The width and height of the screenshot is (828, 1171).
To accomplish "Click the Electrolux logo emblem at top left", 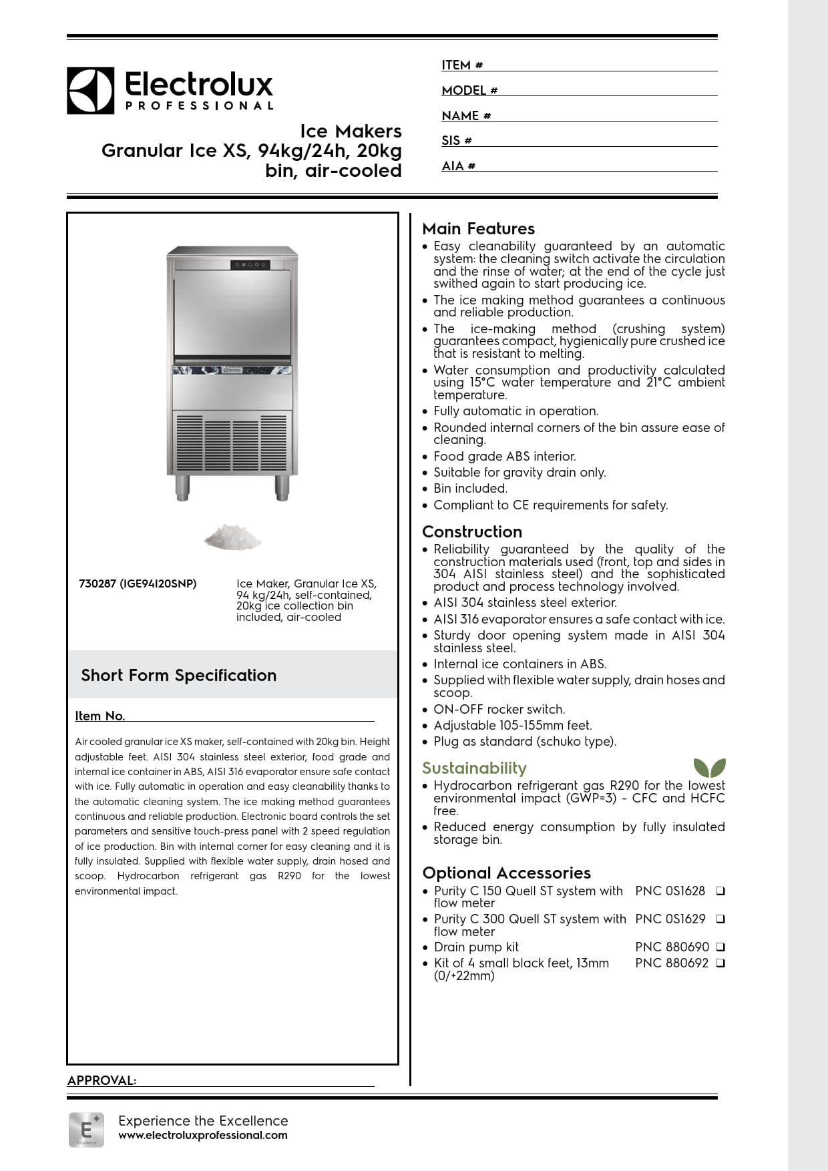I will pyautogui.click(x=90, y=90).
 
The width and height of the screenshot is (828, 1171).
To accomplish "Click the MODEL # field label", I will pyautogui.click(x=469, y=91).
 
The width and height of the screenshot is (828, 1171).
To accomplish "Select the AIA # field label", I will pyautogui.click(x=458, y=166).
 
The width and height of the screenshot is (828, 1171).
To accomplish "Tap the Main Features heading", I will pyautogui.click(x=478, y=229).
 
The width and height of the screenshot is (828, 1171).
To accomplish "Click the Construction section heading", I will pyautogui.click(x=472, y=532).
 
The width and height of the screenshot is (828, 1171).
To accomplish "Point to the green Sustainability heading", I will pyautogui.click(x=474, y=768).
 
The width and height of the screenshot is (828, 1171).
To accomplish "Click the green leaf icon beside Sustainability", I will pyautogui.click(x=709, y=768).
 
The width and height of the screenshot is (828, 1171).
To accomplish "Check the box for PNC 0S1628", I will pyautogui.click(x=720, y=891).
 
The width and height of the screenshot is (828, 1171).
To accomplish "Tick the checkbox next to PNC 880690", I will pyautogui.click(x=720, y=947).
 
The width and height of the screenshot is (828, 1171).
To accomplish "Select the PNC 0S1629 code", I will pyautogui.click(x=670, y=919).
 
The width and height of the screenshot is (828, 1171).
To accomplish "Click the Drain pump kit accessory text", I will pyautogui.click(x=476, y=947).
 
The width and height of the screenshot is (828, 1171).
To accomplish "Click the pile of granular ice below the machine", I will pyautogui.click(x=232, y=537).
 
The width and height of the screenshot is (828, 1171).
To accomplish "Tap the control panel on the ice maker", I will pyautogui.click(x=250, y=265).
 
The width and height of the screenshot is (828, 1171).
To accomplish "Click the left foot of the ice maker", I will pyautogui.click(x=182, y=488).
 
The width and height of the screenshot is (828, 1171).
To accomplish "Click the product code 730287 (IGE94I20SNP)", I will pyautogui.click(x=138, y=584).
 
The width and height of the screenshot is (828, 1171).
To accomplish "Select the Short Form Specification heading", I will pyautogui.click(x=178, y=676).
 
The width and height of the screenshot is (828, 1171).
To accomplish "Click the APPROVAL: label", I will pyautogui.click(x=101, y=1081).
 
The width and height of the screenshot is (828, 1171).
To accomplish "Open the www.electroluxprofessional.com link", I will pyautogui.click(x=203, y=1136).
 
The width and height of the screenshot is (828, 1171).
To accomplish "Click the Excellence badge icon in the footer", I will pyautogui.click(x=86, y=1130).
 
